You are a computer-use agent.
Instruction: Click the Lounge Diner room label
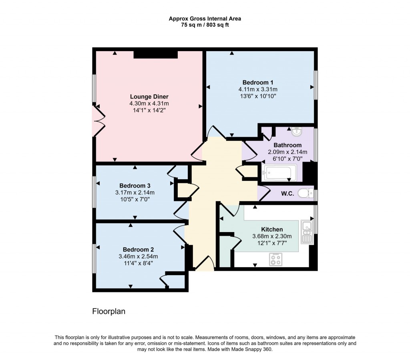149,96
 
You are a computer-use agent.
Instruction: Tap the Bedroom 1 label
261,82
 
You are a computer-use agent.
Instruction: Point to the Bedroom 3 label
135,186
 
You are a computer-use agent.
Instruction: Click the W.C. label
287,194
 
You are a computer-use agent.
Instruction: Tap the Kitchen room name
272,229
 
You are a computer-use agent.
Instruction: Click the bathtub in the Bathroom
279,173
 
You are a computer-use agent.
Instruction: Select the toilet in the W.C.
307,193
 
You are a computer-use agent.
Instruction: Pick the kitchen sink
307,232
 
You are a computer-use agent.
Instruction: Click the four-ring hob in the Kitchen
276,260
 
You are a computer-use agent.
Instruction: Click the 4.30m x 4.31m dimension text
149,103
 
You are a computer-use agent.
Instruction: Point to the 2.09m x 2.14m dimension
287,152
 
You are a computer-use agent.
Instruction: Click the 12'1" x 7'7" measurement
272,243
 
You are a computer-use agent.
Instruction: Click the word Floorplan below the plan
109,311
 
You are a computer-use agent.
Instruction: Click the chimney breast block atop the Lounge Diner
155,54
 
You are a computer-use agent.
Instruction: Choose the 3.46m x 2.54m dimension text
138,256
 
